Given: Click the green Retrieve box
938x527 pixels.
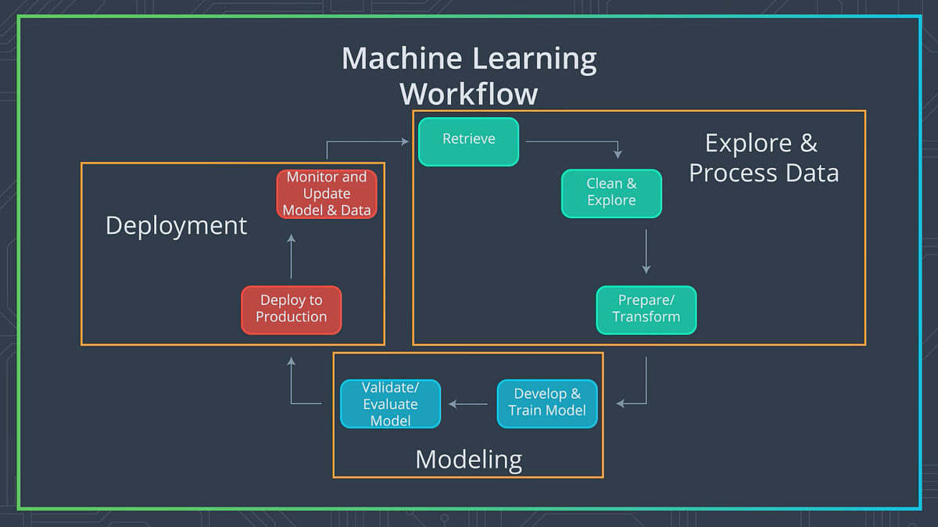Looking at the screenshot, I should [468, 142].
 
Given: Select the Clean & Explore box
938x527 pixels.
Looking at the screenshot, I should [611, 193].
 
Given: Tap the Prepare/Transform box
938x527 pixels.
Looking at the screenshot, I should [646, 310].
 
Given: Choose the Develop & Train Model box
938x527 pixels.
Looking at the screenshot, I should [546, 403].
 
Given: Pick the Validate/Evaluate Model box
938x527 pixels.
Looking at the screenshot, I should [390, 404].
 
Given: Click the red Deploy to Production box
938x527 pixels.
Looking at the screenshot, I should [291, 310].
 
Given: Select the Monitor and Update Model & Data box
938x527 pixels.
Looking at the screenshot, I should [327, 194].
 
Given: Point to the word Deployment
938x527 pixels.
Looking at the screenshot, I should [176, 226].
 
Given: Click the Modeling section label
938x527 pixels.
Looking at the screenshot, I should [468, 459].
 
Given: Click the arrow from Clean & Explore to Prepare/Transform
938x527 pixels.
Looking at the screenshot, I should [646, 250].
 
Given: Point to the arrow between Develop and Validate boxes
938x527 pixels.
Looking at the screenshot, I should [468, 404].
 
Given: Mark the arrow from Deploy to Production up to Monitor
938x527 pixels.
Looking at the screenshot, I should [291, 256].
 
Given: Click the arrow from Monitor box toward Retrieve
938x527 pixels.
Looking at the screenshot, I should [367, 142].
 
